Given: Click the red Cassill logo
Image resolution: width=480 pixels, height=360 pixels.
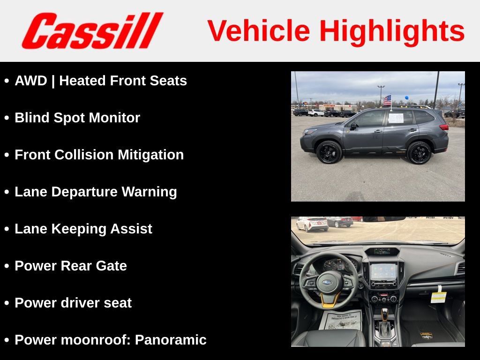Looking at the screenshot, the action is pyautogui.click(x=92, y=30).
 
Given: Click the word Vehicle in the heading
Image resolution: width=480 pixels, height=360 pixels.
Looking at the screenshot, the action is pyautogui.click(x=259, y=30).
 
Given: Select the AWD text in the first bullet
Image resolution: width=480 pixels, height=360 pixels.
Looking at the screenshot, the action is pyautogui.click(x=31, y=81).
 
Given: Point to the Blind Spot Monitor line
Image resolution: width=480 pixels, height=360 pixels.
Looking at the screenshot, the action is pyautogui.click(x=77, y=118).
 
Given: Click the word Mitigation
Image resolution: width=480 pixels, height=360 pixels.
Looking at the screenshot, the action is pyautogui.click(x=150, y=155).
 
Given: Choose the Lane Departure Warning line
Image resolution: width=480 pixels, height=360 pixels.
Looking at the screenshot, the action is pyautogui.click(x=96, y=192).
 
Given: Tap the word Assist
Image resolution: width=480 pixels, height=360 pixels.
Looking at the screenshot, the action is pyautogui.click(x=131, y=229).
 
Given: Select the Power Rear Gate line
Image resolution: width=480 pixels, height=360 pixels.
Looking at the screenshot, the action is pyautogui.click(x=71, y=266).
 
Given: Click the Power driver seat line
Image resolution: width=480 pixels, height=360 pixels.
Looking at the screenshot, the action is pyautogui.click(x=73, y=303).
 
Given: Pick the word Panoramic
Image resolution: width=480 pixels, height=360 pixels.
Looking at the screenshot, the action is pyautogui.click(x=171, y=340).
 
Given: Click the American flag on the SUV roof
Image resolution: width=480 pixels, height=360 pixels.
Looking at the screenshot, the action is pyautogui.click(x=387, y=100).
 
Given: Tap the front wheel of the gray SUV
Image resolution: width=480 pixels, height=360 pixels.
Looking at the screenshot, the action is pyautogui.click(x=330, y=152).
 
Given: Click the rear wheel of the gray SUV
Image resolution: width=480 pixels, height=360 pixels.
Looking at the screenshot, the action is pyautogui.click(x=419, y=153).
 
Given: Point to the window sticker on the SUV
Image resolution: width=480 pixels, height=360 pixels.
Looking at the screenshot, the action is pyautogui.click(x=396, y=118).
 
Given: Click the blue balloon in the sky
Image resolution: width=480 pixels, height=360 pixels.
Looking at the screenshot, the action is pyautogui.click(x=406, y=97).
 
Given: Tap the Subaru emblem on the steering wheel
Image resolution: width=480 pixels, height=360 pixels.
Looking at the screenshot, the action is pyautogui.click(x=327, y=283).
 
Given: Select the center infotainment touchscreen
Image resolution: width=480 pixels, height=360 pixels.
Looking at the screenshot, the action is pyautogui.click(x=383, y=271).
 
